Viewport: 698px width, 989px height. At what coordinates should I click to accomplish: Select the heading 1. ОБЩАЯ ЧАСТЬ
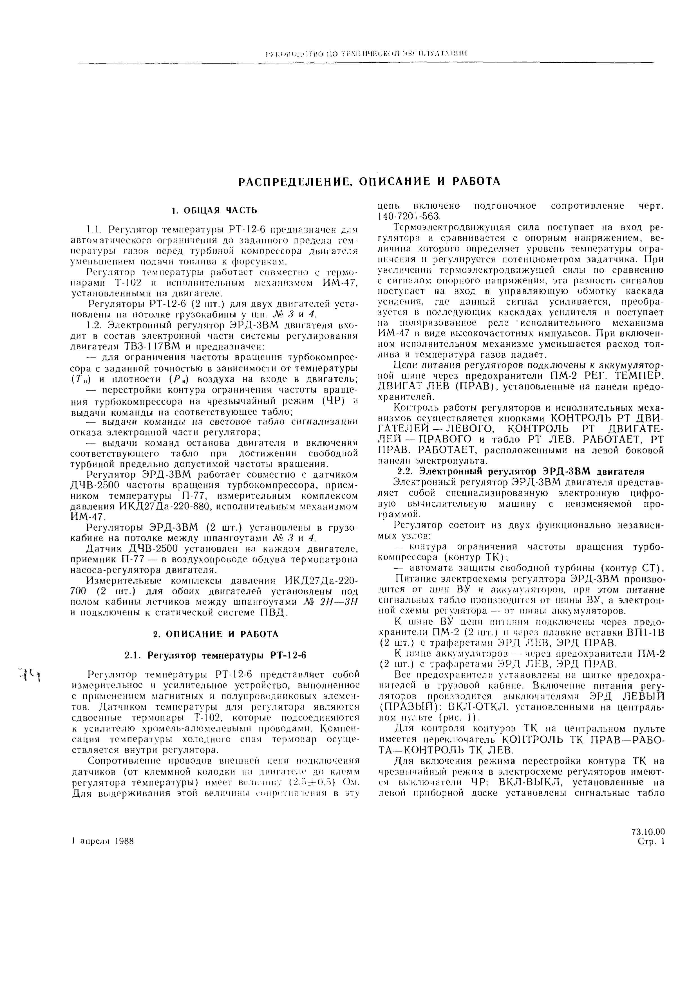[214, 211]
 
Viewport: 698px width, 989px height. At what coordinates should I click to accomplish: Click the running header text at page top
[366, 53]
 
